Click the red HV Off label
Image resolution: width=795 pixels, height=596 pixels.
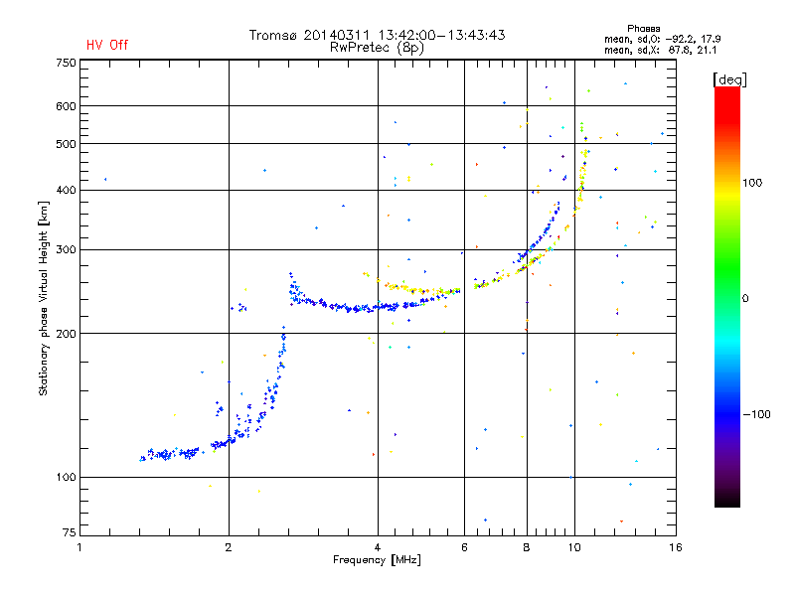[x=107, y=45]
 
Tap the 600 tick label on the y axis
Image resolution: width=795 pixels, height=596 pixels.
[x=66, y=106]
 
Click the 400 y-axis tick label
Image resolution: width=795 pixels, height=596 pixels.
[x=66, y=190]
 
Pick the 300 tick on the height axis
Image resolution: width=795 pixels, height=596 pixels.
[x=66, y=249]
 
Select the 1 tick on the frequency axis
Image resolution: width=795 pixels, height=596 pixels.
[x=79, y=546]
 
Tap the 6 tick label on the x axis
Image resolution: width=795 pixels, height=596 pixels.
[x=464, y=546]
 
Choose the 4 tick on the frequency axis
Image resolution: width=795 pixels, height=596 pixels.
[x=378, y=546]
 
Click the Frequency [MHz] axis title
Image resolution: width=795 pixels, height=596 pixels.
[x=377, y=560]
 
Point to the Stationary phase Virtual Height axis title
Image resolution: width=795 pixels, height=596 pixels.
[x=44, y=298]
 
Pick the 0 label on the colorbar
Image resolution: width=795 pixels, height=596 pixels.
[x=746, y=298]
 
